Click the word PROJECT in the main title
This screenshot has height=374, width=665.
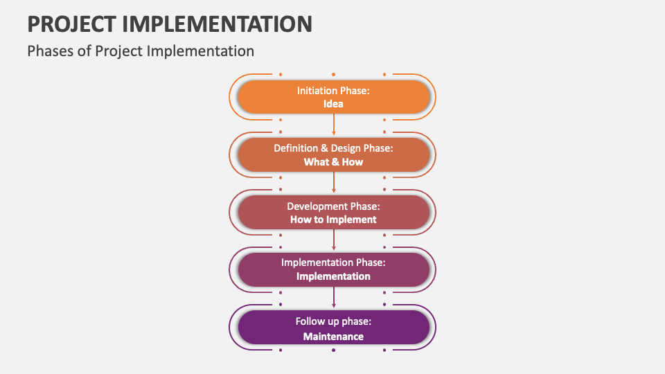coord(71,24)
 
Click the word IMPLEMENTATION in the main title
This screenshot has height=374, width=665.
coord(217,24)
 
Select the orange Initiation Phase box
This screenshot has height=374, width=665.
coord(334,97)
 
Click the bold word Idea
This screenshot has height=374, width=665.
coord(333,104)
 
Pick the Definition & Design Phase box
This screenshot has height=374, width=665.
coord(334,154)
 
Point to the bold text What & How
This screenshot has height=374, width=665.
coord(333,162)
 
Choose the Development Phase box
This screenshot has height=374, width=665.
coord(334,213)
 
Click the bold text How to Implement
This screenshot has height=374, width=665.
coord(333,220)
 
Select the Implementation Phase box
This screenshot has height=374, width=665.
coord(334,270)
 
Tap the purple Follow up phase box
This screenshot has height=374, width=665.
coord(334,328)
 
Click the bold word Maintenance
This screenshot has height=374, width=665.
coord(333,337)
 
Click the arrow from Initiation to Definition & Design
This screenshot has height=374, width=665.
coord(334,125)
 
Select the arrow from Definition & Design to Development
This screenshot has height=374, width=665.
coord(334,182)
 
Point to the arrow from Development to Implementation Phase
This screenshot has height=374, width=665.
coord(334,240)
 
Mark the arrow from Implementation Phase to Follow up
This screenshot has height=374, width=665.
coord(334,297)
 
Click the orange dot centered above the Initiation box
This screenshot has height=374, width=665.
coord(334,75)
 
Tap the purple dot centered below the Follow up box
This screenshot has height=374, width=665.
coord(334,350)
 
